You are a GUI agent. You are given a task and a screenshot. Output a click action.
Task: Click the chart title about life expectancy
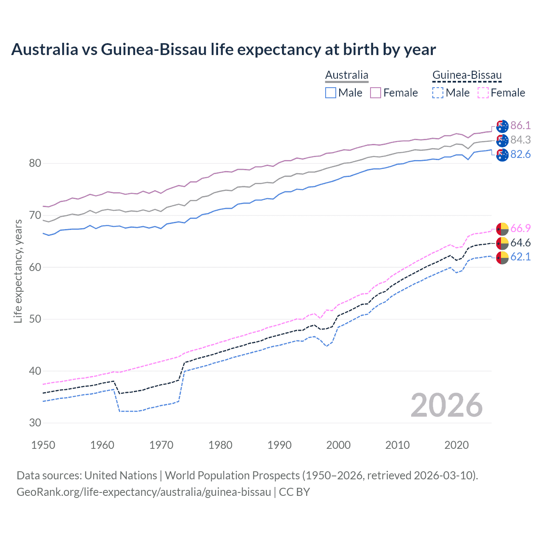[x=223, y=50]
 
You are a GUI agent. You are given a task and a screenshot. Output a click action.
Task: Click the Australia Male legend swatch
[x=331, y=93]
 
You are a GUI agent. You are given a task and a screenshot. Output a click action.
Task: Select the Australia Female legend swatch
[x=376, y=93]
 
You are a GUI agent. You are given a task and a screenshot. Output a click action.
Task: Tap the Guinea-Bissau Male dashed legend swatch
[x=438, y=93]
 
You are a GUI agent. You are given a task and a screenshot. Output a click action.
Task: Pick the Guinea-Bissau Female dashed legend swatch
[x=483, y=93]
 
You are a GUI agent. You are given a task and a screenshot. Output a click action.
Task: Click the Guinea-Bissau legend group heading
[x=467, y=75]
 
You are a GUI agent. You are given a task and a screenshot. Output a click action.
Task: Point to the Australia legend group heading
[x=346, y=75]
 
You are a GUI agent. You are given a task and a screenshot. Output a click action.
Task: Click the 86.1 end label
[x=520, y=125]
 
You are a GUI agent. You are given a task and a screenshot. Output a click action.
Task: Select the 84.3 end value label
[x=520, y=140]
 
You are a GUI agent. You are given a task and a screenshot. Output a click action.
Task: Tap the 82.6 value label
[x=520, y=154]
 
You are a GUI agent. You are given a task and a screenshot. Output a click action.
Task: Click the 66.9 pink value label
[x=520, y=228]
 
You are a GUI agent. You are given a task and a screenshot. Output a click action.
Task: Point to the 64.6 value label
[x=520, y=243]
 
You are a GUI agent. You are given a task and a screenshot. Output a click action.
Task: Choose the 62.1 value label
[x=520, y=257]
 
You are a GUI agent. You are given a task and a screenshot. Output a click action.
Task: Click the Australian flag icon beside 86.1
[x=502, y=126]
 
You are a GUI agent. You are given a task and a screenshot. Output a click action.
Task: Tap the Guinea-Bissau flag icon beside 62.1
[x=502, y=257]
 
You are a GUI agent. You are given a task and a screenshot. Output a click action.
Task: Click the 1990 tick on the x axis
[x=279, y=445]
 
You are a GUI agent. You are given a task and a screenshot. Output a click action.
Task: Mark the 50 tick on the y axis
[x=35, y=319]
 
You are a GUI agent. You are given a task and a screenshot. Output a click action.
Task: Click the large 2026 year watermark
[x=447, y=405]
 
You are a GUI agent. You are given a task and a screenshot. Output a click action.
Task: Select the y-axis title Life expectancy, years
[x=18, y=271]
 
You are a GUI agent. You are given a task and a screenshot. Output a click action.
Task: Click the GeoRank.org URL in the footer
[x=144, y=492]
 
